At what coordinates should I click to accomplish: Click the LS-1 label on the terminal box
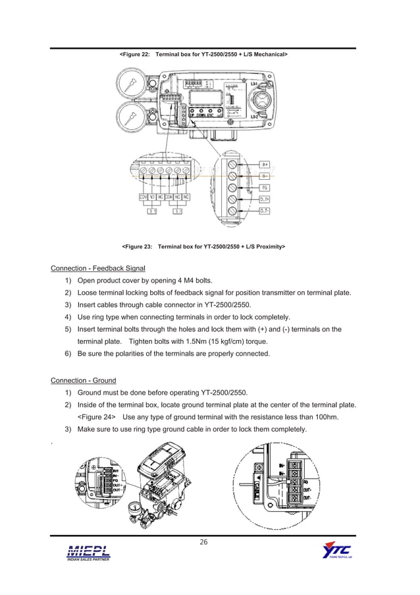click(254, 84)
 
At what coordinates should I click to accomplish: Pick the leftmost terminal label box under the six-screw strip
click(143, 197)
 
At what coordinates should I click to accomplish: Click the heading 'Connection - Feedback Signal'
click(98, 268)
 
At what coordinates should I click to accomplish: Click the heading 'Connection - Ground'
click(84, 380)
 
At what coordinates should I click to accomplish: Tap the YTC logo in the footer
click(336, 552)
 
